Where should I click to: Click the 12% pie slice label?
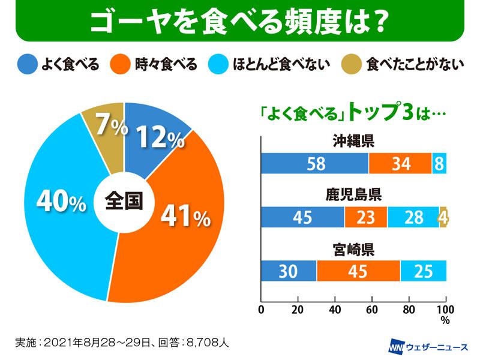[x=160, y=139]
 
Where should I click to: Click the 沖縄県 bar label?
[x=354, y=142]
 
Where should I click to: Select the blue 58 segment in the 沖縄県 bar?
[x=315, y=163]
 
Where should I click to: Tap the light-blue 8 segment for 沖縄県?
[x=439, y=163]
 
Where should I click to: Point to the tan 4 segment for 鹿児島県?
[x=443, y=217]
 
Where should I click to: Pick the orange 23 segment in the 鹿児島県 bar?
[x=366, y=217]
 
